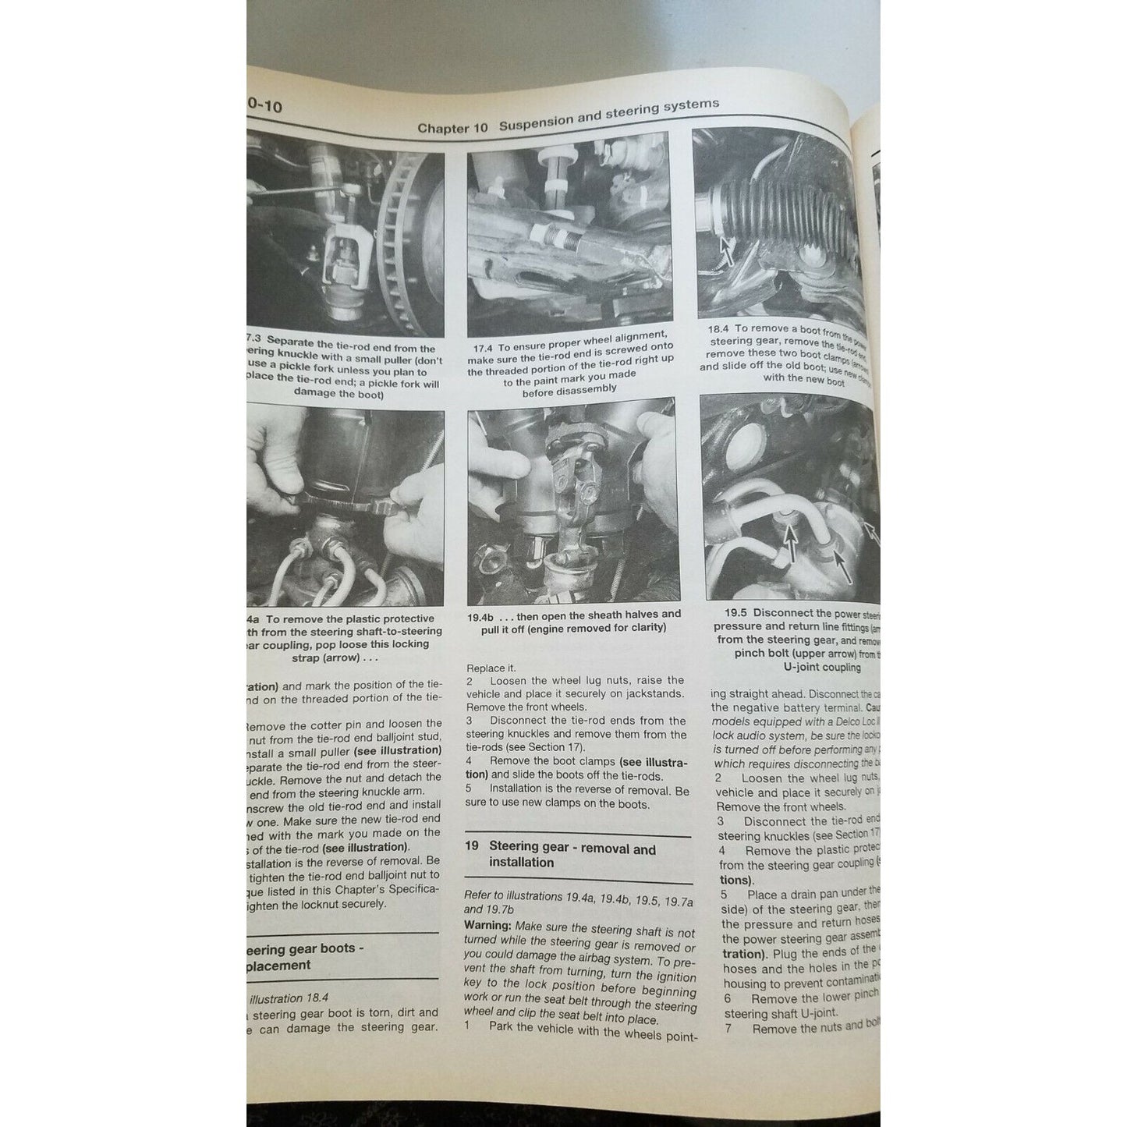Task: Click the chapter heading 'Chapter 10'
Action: pos(452,128)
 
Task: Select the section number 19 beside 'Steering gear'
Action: pos(471,846)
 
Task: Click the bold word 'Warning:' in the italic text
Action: pos(487,926)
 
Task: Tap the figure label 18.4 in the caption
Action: pos(718,329)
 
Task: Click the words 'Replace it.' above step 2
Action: pos(491,668)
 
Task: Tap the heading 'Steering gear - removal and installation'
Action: pos(572,855)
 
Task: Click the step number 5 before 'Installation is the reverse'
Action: pos(470,789)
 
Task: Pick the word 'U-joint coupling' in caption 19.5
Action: pos(822,667)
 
